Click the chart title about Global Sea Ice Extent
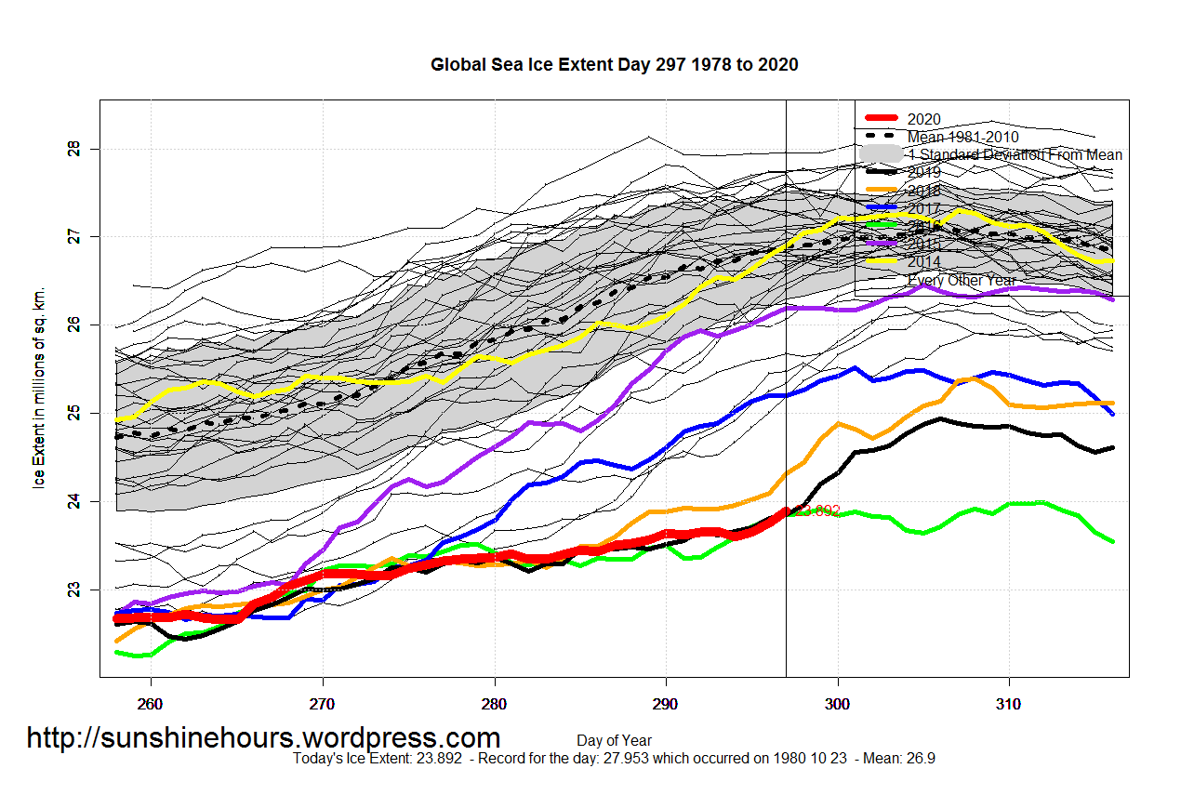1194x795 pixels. [x=614, y=65]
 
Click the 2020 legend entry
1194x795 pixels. [x=923, y=119]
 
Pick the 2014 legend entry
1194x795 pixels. [x=923, y=262]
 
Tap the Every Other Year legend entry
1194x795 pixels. [x=962, y=280]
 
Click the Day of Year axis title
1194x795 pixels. [x=614, y=741]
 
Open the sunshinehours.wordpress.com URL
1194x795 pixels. [x=263, y=738]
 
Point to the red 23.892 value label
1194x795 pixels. [x=817, y=510]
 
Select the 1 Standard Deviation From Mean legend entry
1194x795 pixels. [x=1015, y=154]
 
